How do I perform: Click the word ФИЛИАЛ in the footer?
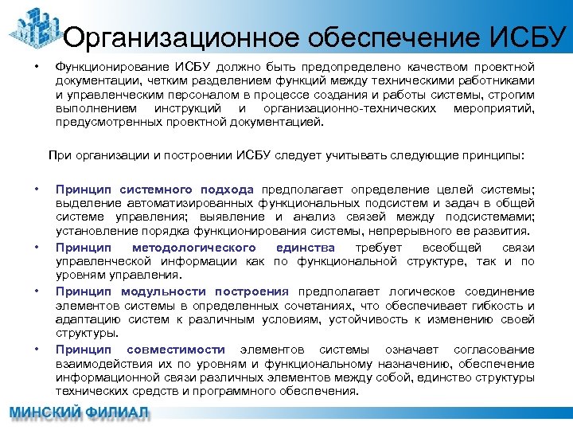click(118, 414)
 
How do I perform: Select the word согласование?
click(493, 350)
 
